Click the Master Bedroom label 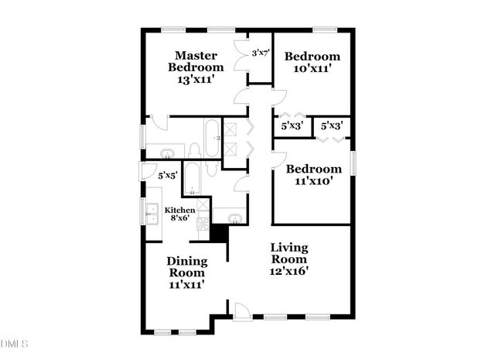pos(194,61)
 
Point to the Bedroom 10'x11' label pos(312,62)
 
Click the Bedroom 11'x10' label pos(313,175)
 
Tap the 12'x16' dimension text pos(289,271)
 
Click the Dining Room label pos(186,266)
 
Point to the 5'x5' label pos(167,176)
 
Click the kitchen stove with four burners pos(203,224)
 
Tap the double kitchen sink pos(150,208)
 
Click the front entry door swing pos(242,310)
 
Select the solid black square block pos(218,231)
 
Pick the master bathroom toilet pos(194,149)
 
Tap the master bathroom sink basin pos(164,152)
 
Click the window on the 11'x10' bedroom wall pos(353,164)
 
